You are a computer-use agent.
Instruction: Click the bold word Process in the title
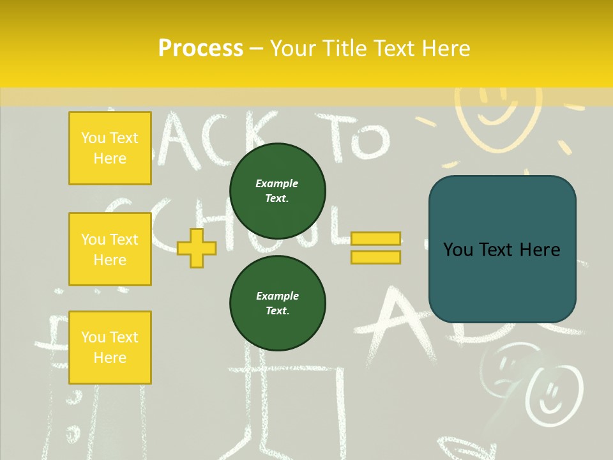click(201, 49)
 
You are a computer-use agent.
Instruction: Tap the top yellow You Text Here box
click(110, 148)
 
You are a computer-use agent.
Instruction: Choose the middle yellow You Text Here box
click(110, 249)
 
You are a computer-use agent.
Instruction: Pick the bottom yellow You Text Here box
click(110, 348)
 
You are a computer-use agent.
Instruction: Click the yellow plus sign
click(196, 248)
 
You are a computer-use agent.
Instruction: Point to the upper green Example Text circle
click(278, 191)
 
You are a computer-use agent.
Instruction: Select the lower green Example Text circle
click(278, 303)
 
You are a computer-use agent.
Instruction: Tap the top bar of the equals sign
click(376, 238)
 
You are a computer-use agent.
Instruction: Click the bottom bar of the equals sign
click(376, 257)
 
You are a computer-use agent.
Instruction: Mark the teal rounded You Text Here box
click(502, 249)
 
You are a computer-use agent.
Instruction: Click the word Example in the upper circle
click(277, 183)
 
